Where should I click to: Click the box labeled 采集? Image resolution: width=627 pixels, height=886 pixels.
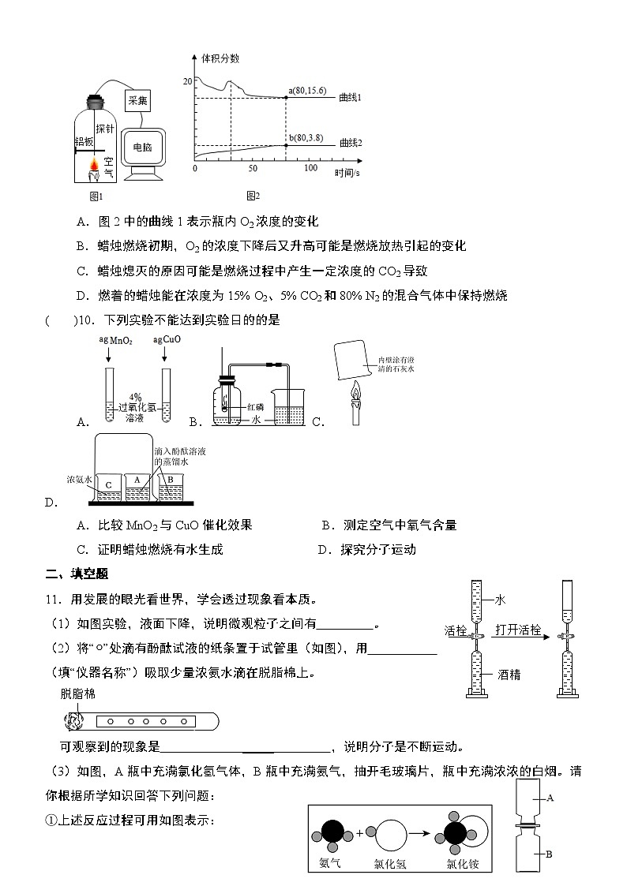[137, 100]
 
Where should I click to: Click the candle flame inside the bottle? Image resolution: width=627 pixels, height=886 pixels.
[95, 165]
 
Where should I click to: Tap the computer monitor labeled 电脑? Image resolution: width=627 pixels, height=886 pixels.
[142, 148]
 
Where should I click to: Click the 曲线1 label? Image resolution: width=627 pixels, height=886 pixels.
[350, 98]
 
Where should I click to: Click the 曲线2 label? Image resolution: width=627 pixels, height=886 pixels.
[350, 143]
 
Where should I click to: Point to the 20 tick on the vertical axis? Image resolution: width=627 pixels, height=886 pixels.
[187, 81]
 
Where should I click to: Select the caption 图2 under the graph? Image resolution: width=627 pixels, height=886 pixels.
[253, 196]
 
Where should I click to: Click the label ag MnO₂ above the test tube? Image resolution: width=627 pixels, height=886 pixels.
[115, 340]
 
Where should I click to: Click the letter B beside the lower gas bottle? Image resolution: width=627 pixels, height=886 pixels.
[549, 854]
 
